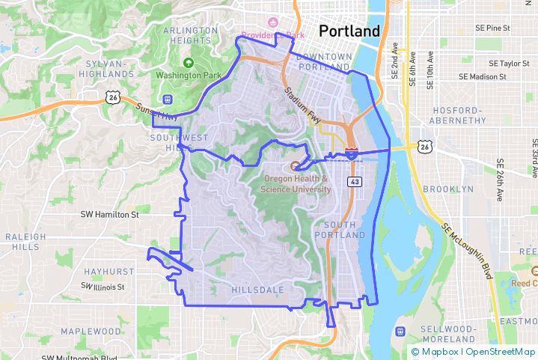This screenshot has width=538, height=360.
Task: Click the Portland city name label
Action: [x=349, y=31]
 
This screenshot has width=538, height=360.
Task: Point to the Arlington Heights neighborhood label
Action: [x=190, y=35]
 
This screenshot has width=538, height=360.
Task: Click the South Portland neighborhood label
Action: [x=344, y=230]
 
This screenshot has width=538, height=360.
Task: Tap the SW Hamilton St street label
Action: [x=110, y=214]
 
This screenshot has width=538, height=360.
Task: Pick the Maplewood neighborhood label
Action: [x=91, y=331]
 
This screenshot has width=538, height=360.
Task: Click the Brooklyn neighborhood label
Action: [x=448, y=189]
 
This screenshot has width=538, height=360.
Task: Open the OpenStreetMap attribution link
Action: [x=501, y=352]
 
